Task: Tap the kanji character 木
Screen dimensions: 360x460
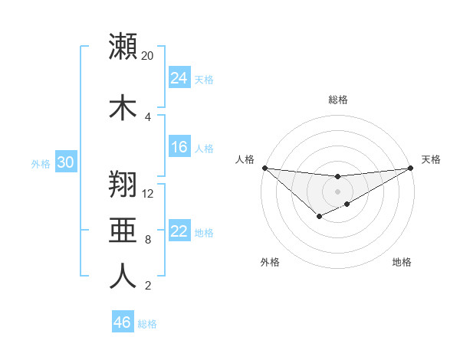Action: (x=123, y=106)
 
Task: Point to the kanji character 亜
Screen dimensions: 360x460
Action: (x=123, y=230)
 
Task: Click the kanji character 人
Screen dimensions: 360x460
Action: (x=123, y=276)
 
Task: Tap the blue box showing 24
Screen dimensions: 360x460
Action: (x=179, y=77)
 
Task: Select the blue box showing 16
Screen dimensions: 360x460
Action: (x=179, y=147)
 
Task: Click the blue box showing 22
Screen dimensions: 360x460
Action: (x=179, y=231)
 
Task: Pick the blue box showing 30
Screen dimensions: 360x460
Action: (x=65, y=162)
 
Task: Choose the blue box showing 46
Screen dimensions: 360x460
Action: (x=123, y=322)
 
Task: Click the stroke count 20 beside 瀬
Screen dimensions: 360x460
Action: (x=147, y=56)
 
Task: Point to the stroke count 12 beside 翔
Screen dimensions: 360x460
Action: (x=149, y=194)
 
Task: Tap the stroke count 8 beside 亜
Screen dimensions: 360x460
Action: (x=147, y=240)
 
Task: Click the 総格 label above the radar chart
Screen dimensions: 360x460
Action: (x=338, y=100)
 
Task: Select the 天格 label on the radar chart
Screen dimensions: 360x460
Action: (x=431, y=159)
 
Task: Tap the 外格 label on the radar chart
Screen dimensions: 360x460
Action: (x=270, y=263)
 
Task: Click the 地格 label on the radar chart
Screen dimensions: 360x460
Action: (x=402, y=263)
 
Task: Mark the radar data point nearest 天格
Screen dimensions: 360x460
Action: (x=411, y=168)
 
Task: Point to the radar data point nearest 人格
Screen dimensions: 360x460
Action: (x=264, y=168)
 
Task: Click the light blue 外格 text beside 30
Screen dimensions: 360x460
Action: (x=41, y=163)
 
